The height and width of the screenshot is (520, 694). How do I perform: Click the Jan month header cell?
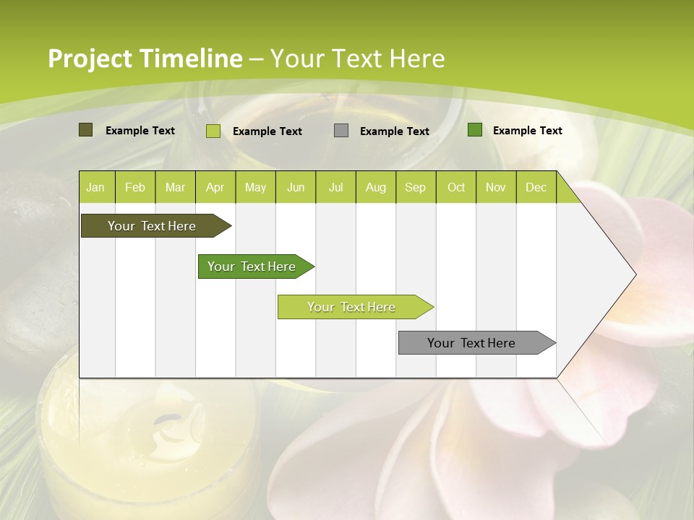(96, 187)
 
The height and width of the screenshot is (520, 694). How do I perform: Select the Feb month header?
(135, 187)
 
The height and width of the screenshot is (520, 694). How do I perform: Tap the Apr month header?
(215, 187)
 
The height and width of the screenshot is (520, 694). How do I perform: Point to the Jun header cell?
(296, 187)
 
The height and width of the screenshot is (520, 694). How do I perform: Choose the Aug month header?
(376, 187)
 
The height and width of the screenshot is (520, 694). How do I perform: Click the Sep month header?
(416, 187)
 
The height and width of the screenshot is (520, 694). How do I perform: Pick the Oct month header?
(456, 187)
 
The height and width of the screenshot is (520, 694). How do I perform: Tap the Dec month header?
(536, 187)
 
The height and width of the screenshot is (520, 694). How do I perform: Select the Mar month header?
(175, 187)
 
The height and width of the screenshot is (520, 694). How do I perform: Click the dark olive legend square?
(85, 130)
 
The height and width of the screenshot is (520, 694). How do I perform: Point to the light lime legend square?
(213, 131)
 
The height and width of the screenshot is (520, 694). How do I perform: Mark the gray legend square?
(341, 130)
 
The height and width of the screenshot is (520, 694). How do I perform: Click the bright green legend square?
(475, 130)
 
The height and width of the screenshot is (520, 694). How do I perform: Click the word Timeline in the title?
(192, 58)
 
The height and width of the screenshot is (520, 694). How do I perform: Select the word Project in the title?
(90, 58)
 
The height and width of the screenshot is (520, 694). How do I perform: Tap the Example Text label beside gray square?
(394, 131)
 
